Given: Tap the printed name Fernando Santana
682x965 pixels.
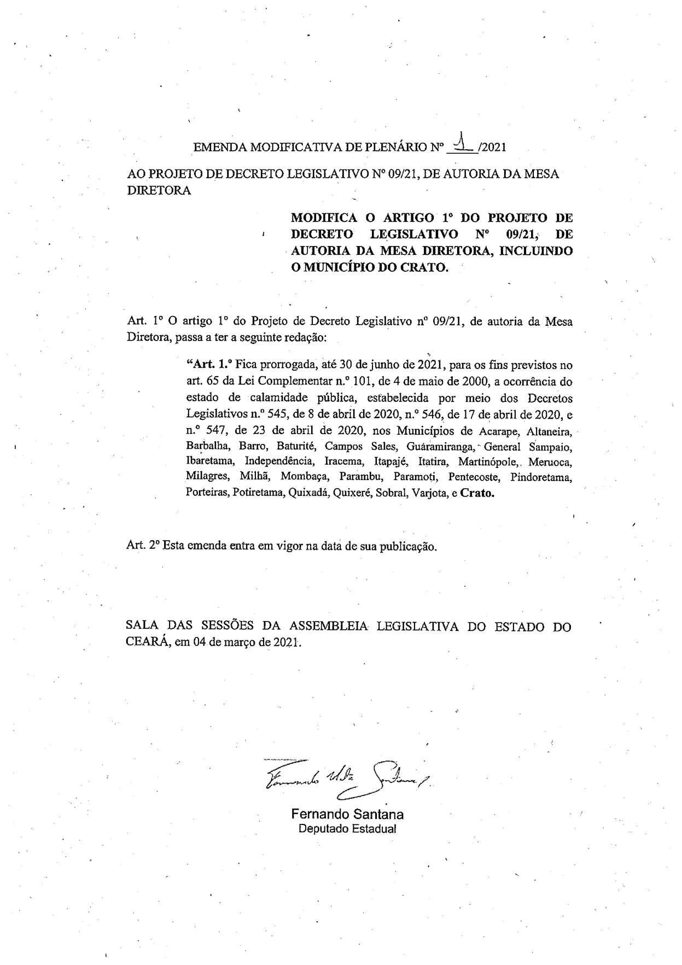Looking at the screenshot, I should (347, 814).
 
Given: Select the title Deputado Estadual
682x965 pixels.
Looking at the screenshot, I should (347, 828).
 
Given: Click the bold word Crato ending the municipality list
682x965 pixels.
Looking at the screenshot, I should (477, 493).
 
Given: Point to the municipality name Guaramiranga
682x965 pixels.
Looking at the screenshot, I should (440, 447).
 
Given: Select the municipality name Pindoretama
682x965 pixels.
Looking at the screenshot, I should (541, 477).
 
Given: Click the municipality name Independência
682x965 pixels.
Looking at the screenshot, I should (279, 462).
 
